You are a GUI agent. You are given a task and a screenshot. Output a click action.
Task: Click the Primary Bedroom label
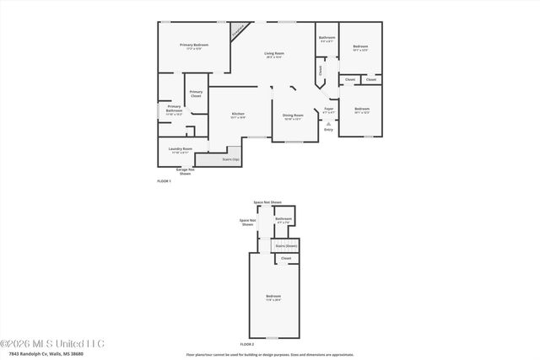pos(194,45)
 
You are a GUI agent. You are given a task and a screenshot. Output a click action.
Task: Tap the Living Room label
pos(274,53)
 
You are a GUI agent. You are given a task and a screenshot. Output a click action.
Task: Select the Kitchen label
pos(238,114)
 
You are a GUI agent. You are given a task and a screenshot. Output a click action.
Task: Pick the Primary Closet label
pos(196,94)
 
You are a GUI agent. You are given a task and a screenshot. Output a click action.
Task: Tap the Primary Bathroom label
pos(174,108)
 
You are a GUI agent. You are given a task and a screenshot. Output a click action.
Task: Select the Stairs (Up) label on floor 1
pos(230,159)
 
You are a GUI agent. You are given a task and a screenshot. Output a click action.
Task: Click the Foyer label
pos(329,109)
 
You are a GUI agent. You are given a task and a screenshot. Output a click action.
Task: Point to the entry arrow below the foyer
pos(329,123)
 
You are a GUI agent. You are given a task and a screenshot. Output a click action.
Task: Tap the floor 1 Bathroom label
pos(327,38)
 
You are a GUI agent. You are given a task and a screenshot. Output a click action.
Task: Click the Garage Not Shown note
pos(185,171)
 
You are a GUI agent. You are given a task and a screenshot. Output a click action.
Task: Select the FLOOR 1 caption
pos(164,181)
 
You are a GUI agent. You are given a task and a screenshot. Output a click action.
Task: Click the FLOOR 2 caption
pos(246,345)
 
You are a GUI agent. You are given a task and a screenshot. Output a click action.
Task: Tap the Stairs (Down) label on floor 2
pos(286,245)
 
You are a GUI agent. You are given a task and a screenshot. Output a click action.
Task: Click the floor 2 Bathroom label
pos(283,219)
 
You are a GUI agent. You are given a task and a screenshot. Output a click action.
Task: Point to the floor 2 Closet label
pos(286,258)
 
